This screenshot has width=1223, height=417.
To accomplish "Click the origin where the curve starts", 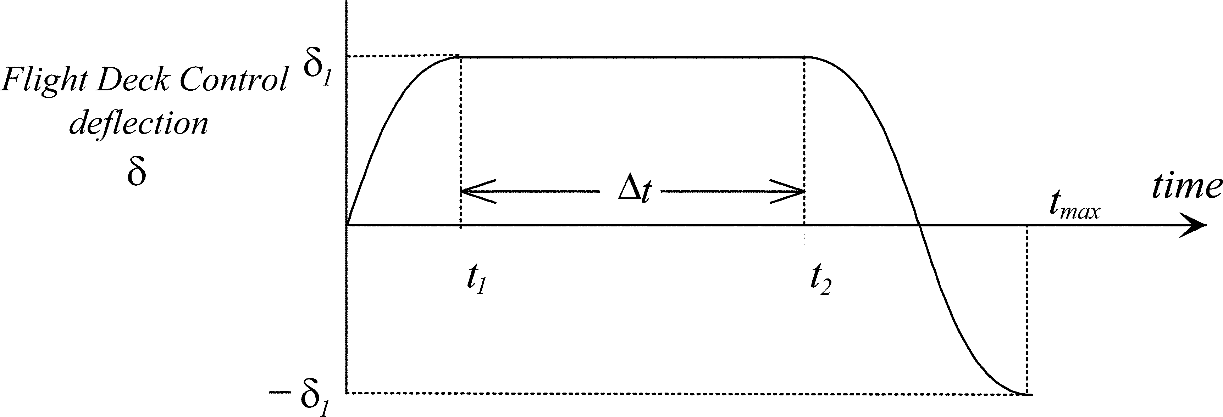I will [x=348, y=225].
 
